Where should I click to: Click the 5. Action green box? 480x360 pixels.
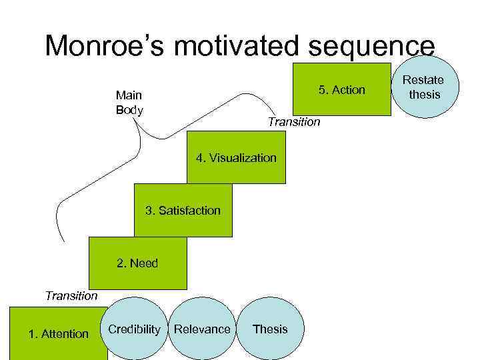click(342, 90)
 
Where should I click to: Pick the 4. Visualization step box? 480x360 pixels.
click(236, 158)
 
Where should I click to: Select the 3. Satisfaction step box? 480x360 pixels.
click(183, 211)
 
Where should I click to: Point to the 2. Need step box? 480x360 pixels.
click(137, 263)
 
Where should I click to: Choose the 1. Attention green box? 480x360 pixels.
click(58, 333)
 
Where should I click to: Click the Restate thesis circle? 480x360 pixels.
click(425, 87)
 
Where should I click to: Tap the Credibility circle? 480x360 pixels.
click(134, 329)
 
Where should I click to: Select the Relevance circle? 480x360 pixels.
click(202, 329)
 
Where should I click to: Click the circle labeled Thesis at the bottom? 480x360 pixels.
click(270, 329)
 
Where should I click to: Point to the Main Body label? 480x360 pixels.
click(129, 103)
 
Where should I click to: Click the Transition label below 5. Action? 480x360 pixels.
click(293, 122)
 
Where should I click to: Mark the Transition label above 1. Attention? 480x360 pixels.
click(71, 295)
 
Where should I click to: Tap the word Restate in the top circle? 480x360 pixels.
click(425, 80)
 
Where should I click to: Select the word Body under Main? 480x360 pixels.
click(129, 110)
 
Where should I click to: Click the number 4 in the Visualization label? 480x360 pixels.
click(199, 158)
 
